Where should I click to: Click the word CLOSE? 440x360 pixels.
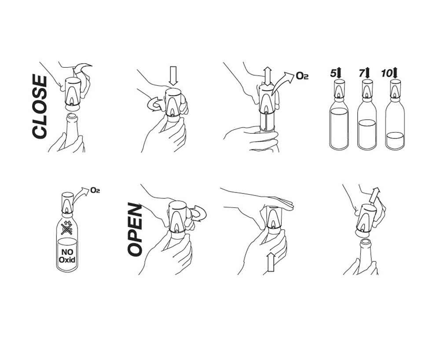pyautogui.click(x=39, y=106)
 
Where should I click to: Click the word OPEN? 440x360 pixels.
pyautogui.click(x=135, y=229)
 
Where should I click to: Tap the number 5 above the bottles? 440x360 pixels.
pyautogui.click(x=333, y=73)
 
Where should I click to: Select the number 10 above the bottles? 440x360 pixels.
pyautogui.click(x=387, y=73)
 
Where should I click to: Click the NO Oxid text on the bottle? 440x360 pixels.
pyautogui.click(x=67, y=256)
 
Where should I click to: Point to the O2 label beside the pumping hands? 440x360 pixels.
pyautogui.click(x=302, y=76)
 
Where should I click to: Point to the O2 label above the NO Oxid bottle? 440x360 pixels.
pyautogui.click(x=95, y=190)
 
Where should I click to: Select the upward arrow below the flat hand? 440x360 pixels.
pyautogui.click(x=271, y=262)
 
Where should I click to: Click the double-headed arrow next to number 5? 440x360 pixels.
pyautogui.click(x=339, y=73)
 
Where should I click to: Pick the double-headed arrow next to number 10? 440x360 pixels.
pyautogui.click(x=396, y=73)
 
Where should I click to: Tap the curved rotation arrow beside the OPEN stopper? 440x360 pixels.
pyautogui.click(x=200, y=213)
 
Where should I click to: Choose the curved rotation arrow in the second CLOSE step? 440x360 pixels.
pyautogui.click(x=154, y=104)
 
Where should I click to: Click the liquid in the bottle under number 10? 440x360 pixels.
pyautogui.click(x=395, y=140)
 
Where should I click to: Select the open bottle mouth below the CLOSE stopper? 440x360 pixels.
pyautogui.click(x=71, y=116)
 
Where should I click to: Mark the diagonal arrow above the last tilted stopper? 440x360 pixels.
pyautogui.click(x=374, y=196)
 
